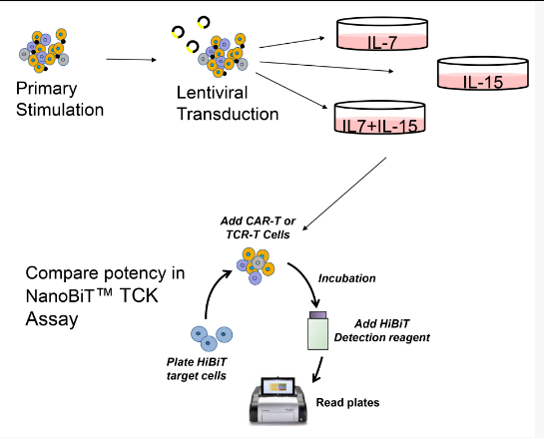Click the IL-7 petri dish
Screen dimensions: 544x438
382,33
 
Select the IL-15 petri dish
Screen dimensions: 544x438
482,73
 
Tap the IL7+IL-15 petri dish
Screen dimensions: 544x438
379,117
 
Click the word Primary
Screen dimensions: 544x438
47,89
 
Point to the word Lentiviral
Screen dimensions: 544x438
212,93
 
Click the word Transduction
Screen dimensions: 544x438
228,114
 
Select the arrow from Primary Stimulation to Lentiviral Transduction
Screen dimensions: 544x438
131,60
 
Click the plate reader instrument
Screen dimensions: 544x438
278,400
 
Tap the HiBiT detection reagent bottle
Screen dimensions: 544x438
317,330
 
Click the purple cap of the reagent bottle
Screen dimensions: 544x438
317,315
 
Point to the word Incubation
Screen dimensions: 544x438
347,278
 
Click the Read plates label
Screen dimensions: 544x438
347,403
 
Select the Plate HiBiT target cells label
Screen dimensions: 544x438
197,369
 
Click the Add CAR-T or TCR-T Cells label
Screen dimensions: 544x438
258,227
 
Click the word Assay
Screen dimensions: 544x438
52,319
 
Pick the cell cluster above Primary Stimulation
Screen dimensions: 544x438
44,50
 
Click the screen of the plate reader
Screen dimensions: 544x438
277,387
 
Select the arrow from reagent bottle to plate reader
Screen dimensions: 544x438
317,370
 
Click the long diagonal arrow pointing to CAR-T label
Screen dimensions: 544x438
344,194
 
